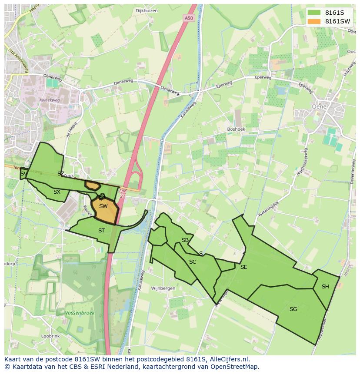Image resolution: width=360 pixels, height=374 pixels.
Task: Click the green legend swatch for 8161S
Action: [313, 12]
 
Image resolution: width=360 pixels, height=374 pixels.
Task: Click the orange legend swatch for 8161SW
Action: [313, 21]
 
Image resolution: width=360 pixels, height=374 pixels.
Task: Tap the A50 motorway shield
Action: [188, 18]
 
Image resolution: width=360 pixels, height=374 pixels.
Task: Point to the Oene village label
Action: [319, 106]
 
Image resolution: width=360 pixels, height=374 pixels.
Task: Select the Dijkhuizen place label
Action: [146, 11]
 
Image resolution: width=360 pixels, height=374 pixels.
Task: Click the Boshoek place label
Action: [236, 129]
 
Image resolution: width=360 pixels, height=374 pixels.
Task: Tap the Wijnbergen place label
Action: [163, 288]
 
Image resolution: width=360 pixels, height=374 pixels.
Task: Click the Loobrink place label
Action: [50, 336]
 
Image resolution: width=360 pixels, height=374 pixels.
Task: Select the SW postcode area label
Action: [103, 206]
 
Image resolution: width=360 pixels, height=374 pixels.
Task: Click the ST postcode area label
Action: [101, 231]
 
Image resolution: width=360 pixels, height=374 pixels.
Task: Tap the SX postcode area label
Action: [57, 192]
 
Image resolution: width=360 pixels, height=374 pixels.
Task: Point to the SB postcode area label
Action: [185, 240]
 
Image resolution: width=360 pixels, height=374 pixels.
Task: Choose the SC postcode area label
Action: [193, 262]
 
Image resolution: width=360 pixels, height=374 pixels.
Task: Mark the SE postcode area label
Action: [243, 267]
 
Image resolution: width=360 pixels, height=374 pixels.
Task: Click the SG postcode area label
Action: [293, 309]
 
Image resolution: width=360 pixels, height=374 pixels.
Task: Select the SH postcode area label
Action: [325, 287]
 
